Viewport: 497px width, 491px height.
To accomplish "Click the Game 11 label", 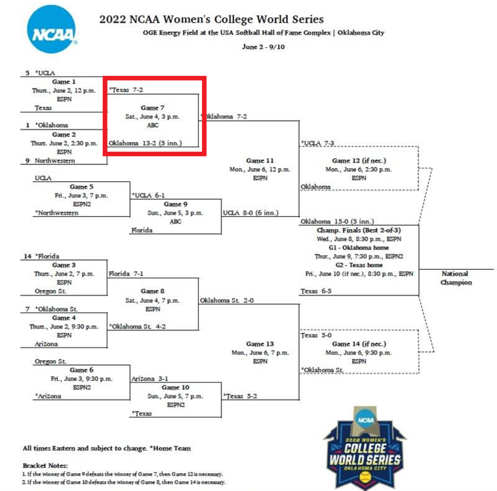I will click(260, 160).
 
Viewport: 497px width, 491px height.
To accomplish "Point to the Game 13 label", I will click(260, 344).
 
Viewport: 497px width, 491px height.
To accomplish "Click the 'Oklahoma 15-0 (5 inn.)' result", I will click(337, 221).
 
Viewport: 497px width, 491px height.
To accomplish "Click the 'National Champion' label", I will click(455, 278).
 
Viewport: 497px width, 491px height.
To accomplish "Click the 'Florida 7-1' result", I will click(127, 274).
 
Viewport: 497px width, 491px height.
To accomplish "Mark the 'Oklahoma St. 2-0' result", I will click(226, 300).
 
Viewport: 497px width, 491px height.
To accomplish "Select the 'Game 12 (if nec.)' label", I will click(359, 160).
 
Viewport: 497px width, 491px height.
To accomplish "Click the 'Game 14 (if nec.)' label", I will click(359, 344).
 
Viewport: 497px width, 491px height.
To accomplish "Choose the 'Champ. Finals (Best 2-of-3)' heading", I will click(359, 230).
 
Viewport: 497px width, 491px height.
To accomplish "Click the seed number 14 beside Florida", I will click(28, 256).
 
